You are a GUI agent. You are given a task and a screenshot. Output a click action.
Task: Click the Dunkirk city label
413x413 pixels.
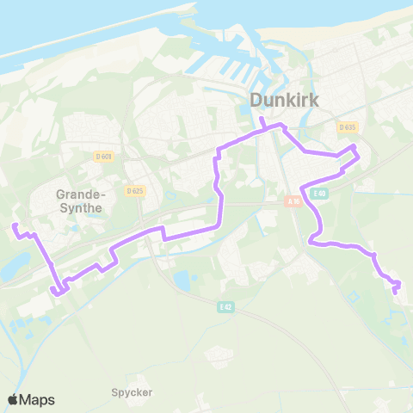point(284,101)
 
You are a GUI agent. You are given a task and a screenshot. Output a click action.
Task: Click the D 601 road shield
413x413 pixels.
point(103,156)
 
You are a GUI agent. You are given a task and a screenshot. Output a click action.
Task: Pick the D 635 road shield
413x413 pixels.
point(347,127)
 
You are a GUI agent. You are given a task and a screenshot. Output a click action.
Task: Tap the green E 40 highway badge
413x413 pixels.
point(320,194)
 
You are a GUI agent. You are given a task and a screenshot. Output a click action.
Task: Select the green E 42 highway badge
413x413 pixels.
point(226,306)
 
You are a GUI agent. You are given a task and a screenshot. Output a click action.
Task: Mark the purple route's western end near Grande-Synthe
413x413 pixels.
point(14,225)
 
